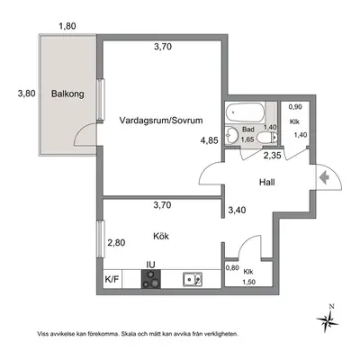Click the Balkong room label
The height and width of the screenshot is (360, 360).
67,94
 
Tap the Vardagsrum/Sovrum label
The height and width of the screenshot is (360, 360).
161,121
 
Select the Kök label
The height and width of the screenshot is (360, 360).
161,236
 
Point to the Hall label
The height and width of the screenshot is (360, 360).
267,182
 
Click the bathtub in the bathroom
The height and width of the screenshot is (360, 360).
246,112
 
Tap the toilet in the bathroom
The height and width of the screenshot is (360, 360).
267,138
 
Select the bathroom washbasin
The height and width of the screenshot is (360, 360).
231,135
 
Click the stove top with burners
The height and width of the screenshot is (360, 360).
151,279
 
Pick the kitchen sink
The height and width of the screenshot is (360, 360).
193,280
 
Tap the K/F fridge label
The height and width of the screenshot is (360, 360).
112,280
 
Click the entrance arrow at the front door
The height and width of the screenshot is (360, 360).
324,177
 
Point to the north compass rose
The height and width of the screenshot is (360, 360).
328,319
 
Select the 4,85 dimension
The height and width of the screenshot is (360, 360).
210,140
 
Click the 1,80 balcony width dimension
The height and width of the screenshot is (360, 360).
67,26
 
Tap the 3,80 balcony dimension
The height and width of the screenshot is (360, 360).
26,94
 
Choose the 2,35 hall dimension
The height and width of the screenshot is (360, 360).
272,156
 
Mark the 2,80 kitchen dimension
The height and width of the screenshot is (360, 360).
116,242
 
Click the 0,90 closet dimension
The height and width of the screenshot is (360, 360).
295,107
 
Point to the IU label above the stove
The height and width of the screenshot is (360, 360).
150,265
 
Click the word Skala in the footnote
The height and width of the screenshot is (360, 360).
128,334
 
